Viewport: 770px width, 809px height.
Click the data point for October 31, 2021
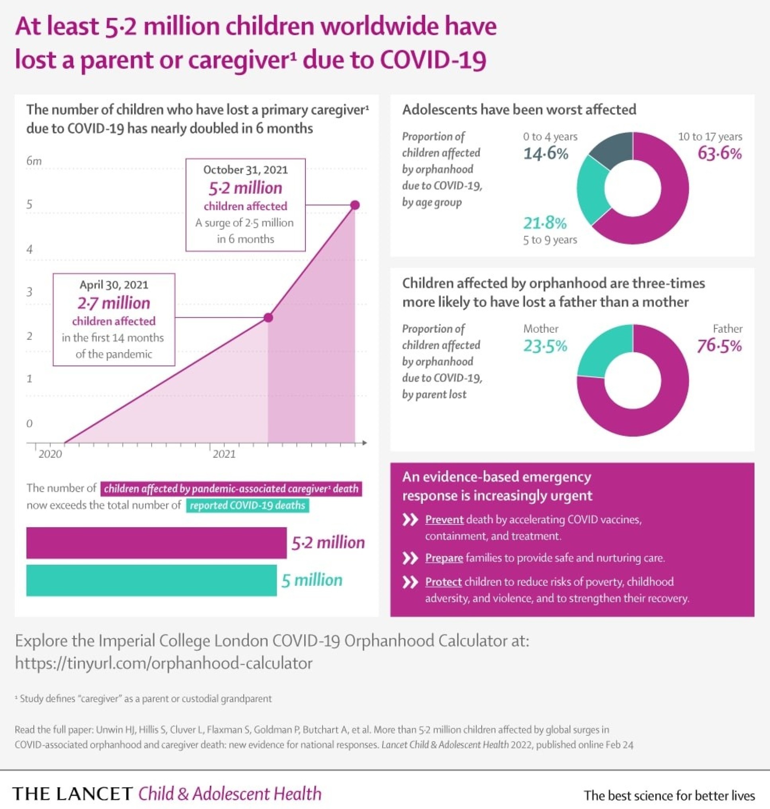pyautogui.click(x=355, y=205)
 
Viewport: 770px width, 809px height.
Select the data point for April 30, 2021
pyautogui.click(x=268, y=318)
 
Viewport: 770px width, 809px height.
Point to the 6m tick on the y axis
pyautogui.click(x=34, y=161)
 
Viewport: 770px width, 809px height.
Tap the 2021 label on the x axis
pyautogui.click(x=224, y=454)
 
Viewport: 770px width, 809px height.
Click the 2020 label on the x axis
pyautogui.click(x=50, y=454)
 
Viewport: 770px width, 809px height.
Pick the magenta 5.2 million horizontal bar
pyautogui.click(x=156, y=543)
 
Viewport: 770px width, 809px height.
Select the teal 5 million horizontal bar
pyautogui.click(x=151, y=580)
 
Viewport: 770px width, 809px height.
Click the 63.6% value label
pyautogui.click(x=719, y=154)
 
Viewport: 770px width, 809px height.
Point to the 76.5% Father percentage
pyautogui.click(x=719, y=346)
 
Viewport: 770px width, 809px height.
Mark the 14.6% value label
pyautogui.click(x=545, y=154)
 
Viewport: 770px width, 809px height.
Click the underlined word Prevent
pyautogui.click(x=444, y=520)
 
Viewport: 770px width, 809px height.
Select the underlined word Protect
pyautogui.click(x=443, y=582)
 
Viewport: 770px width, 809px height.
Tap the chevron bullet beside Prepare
pyautogui.click(x=410, y=558)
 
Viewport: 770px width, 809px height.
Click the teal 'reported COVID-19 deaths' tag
pyautogui.click(x=248, y=505)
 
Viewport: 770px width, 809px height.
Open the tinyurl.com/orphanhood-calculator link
pyautogui.click(x=163, y=663)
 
